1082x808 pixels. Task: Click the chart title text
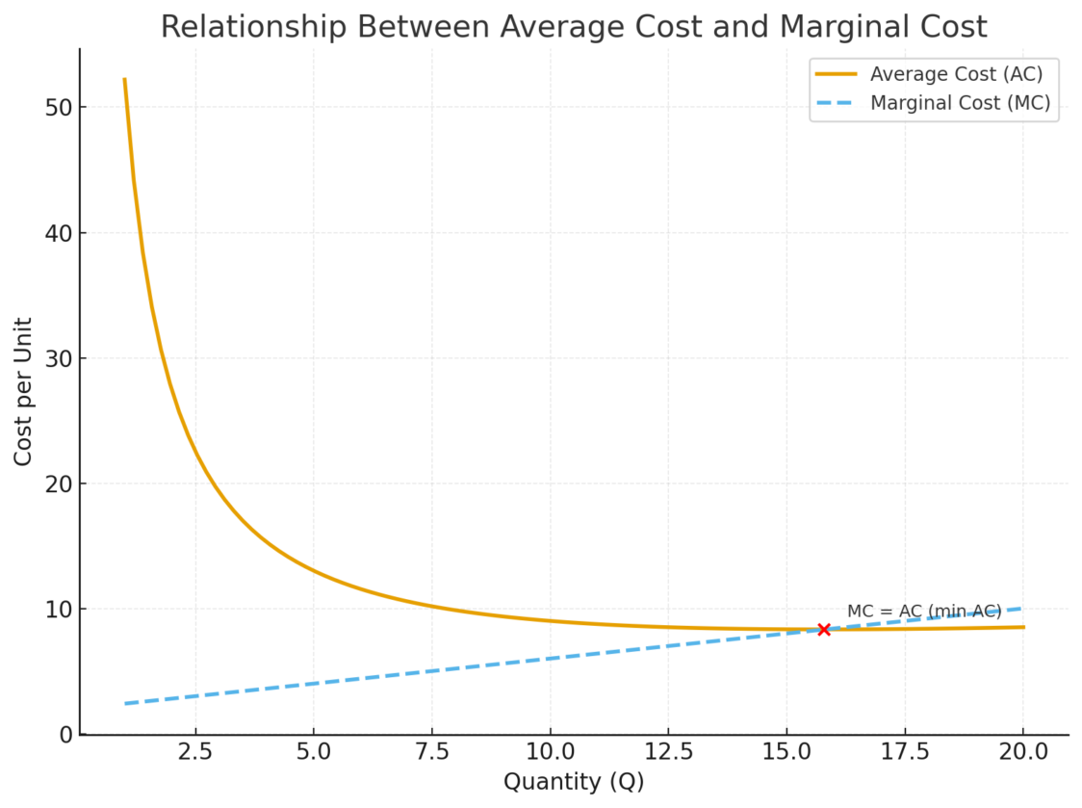(574, 27)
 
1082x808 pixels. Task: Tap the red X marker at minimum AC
(824, 629)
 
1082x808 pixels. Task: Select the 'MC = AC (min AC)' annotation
(924, 612)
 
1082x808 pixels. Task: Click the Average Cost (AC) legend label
(956, 73)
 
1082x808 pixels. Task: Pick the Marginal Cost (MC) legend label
(960, 103)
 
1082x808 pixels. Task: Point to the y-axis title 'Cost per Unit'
(23, 391)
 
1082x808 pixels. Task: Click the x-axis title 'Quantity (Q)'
(574, 782)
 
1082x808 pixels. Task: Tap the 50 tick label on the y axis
(58, 107)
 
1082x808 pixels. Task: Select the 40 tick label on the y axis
(58, 232)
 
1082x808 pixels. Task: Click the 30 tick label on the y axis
(58, 358)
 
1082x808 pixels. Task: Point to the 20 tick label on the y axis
(58, 483)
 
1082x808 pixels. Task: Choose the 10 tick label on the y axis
(58, 609)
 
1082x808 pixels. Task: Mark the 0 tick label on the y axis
(64, 734)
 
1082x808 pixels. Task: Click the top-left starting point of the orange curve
(124, 80)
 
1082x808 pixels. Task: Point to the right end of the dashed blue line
(1021, 609)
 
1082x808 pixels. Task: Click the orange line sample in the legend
(836, 73)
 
